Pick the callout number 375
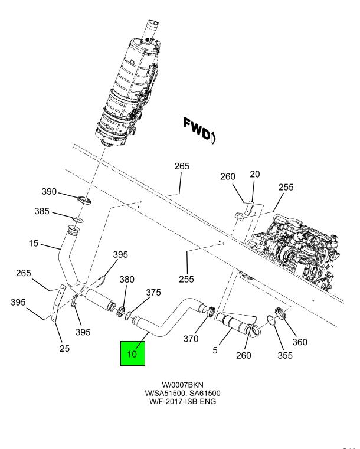point(153,292)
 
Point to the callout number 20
point(254,175)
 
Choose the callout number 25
point(64,348)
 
